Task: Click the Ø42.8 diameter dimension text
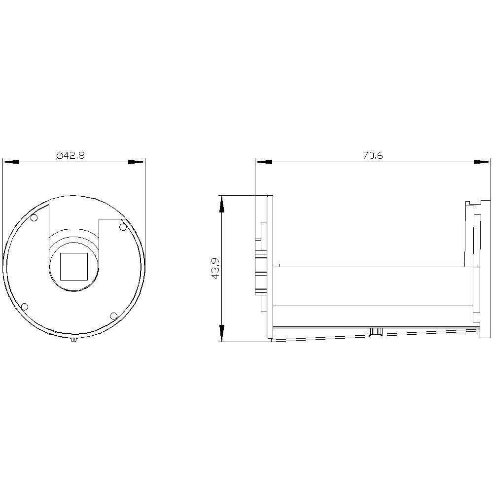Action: pyautogui.click(x=71, y=155)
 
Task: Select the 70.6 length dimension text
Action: pyautogui.click(x=373, y=155)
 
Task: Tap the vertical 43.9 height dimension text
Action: pyautogui.click(x=215, y=269)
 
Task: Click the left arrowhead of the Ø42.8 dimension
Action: pyautogui.click(x=11, y=162)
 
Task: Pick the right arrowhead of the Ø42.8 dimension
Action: pyautogui.click(x=137, y=162)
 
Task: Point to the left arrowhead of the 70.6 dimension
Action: pyautogui.click(x=263, y=162)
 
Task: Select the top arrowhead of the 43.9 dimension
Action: pyautogui.click(x=222, y=204)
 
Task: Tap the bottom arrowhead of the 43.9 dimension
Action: pyautogui.click(x=222, y=333)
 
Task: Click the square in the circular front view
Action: pyautogui.click(x=74, y=266)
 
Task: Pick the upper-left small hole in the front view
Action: pyautogui.click(x=34, y=218)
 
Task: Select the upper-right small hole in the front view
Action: pyautogui.click(x=123, y=226)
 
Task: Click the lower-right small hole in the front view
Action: pyautogui.click(x=113, y=316)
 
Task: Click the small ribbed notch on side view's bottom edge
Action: pyautogui.click(x=376, y=332)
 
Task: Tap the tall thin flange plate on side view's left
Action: pyautogui.click(x=270, y=266)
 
